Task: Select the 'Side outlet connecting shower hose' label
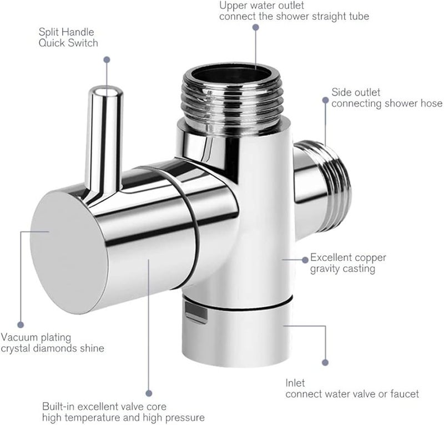point(386,98)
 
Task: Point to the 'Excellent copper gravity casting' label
point(347,263)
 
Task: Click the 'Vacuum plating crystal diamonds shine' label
point(52,343)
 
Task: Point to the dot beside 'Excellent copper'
point(303,259)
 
